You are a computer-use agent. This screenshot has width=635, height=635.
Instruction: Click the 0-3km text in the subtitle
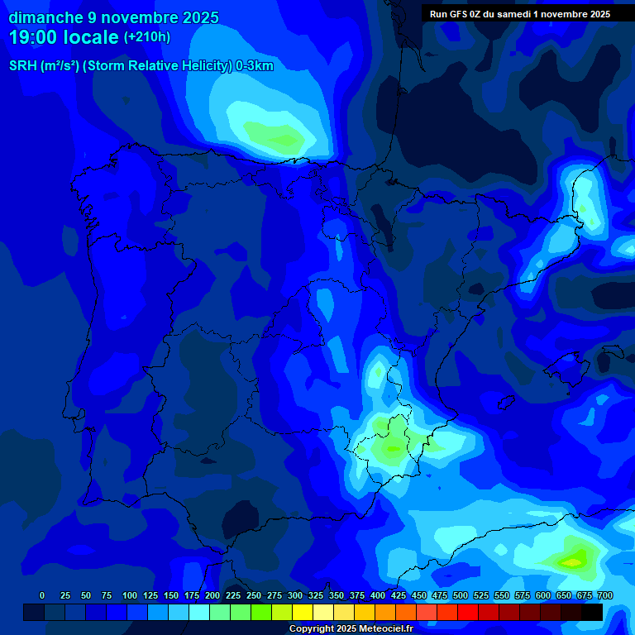255,66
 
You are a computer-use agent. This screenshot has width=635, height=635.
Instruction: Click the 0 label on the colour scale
42,596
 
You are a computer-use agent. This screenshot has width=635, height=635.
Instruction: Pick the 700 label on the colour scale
604,596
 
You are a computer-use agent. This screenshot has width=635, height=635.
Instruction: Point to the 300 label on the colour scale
295,596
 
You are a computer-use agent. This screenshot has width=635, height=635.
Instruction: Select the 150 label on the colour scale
171,596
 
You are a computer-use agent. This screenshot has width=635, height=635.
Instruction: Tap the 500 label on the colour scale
461,596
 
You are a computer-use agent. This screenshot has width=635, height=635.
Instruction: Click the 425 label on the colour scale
399,596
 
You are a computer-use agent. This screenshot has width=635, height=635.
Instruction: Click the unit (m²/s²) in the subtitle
60,66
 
